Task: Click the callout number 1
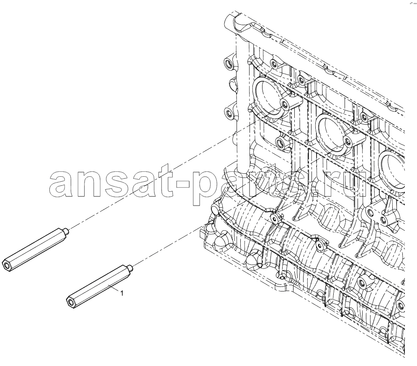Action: coord(122,293)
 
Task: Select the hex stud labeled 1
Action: coord(99,287)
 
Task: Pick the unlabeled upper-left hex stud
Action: coord(36,250)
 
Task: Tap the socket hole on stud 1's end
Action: coord(71,302)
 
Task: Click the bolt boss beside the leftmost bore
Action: coord(285,105)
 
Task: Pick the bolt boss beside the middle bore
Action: coord(348,141)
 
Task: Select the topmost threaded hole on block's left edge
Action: coord(229,63)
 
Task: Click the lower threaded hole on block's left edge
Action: coord(229,113)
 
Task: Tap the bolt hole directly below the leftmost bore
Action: coord(280,143)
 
